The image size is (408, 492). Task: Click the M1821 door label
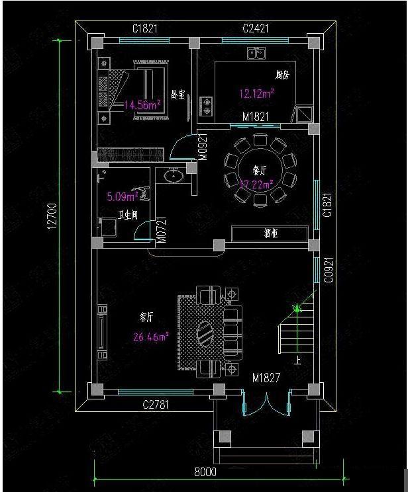tap(255, 117)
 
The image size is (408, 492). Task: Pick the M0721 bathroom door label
tap(160, 229)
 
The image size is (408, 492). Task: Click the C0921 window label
tap(327, 269)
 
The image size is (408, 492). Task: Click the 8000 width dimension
tap(205, 472)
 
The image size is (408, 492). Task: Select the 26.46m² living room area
tap(150, 337)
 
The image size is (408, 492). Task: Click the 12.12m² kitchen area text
tap(257, 93)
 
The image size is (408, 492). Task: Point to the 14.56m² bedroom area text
tap(143, 104)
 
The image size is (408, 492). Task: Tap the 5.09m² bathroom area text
tap(123, 196)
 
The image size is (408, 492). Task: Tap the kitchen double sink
tap(256, 54)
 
